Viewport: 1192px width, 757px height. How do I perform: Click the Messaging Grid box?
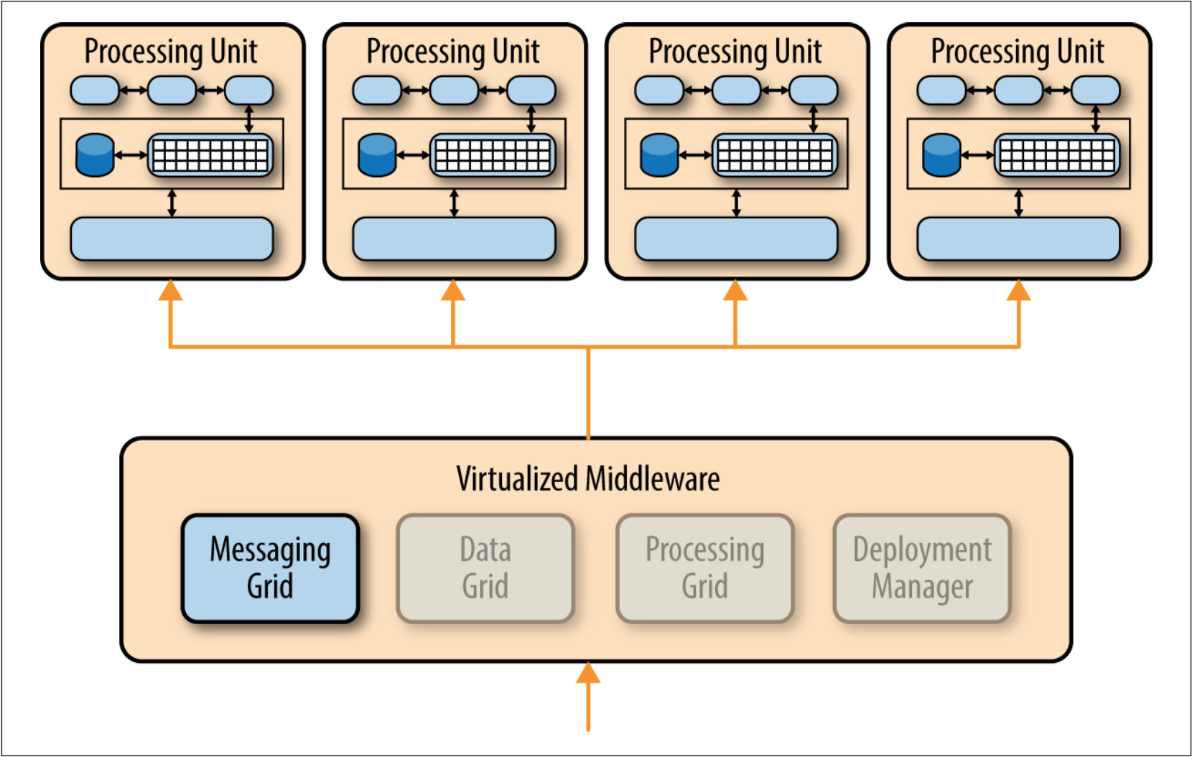point(270,567)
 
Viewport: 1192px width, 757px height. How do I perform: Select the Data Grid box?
point(485,567)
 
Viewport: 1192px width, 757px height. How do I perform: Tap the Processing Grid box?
point(704,567)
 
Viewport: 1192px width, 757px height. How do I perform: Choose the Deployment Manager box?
point(922,567)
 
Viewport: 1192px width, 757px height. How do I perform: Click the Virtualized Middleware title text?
point(587,479)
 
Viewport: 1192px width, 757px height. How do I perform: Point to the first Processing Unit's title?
point(171,52)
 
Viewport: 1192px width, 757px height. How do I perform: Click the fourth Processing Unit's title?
point(1018,52)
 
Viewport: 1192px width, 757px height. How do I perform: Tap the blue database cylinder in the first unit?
point(95,155)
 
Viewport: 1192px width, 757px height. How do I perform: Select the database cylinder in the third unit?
point(659,155)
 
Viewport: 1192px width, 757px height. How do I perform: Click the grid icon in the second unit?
point(493,155)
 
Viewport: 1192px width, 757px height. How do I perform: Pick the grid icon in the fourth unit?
point(1057,155)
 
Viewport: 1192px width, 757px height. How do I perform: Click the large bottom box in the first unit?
point(172,238)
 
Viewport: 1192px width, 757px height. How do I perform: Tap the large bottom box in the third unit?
point(736,238)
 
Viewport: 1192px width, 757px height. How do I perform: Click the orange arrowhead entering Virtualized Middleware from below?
point(588,673)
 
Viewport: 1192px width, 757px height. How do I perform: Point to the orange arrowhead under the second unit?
point(453,291)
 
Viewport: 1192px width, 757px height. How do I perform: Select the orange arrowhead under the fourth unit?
point(1018,291)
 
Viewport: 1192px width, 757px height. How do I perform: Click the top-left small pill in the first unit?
point(95,90)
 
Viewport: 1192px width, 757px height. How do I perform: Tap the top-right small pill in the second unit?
point(531,90)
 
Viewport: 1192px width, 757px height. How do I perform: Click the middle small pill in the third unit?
point(736,90)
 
